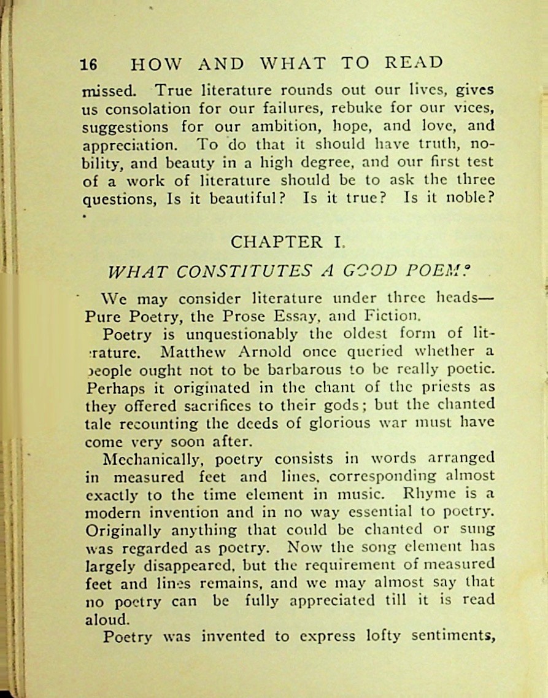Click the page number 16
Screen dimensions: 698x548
coord(89,64)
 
